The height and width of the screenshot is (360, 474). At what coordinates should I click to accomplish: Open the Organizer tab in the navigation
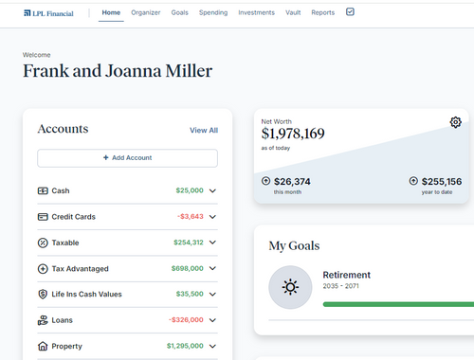pyautogui.click(x=145, y=13)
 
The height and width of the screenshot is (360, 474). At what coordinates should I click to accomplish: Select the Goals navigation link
pyautogui.click(x=179, y=13)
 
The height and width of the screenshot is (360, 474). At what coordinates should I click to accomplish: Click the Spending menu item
pyautogui.click(x=212, y=13)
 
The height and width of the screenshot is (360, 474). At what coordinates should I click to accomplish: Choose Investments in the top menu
pyautogui.click(x=256, y=13)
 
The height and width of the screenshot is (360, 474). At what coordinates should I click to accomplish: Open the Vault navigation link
pyautogui.click(x=293, y=13)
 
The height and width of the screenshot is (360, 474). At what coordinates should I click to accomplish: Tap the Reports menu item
pyautogui.click(x=322, y=13)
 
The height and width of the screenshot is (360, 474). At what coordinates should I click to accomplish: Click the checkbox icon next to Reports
pyautogui.click(x=350, y=12)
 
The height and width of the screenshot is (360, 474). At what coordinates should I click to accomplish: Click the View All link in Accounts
pyautogui.click(x=203, y=131)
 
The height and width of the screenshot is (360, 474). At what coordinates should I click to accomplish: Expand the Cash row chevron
pyautogui.click(x=212, y=190)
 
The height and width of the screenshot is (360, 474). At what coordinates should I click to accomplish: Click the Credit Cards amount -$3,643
pyautogui.click(x=190, y=217)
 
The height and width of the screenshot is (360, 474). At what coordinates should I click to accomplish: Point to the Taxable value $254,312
pyautogui.click(x=188, y=243)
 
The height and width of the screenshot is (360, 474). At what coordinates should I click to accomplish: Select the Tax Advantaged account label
pyautogui.click(x=80, y=269)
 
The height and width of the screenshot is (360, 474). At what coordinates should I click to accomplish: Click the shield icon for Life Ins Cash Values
pyautogui.click(x=43, y=295)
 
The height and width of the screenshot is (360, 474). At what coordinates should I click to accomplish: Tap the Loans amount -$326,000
pyautogui.click(x=186, y=320)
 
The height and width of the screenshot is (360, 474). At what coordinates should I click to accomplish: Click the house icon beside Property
pyautogui.click(x=43, y=347)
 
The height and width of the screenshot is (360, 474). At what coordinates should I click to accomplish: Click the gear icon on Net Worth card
pyautogui.click(x=455, y=122)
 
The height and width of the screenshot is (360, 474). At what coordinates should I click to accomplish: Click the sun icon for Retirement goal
pyautogui.click(x=289, y=287)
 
